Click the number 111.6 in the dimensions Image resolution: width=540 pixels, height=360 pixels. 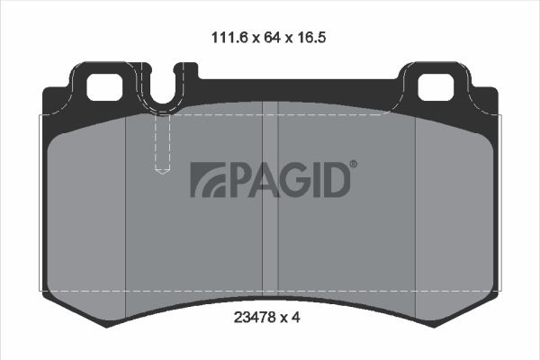pyautogui.click(x=229, y=37)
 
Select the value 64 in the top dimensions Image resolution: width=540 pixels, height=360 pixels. pyautogui.click(x=272, y=37)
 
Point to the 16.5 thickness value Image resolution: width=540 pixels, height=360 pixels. pyautogui.click(x=310, y=37)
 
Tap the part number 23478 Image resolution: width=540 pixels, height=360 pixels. pyautogui.click(x=255, y=318)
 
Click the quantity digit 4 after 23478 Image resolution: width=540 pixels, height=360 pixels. pyautogui.click(x=296, y=318)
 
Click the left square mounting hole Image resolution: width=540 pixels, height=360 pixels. pyautogui.click(x=104, y=87)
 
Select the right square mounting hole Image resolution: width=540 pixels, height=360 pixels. pyautogui.click(x=436, y=87)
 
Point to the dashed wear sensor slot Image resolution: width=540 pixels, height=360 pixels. pyautogui.click(x=162, y=144)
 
